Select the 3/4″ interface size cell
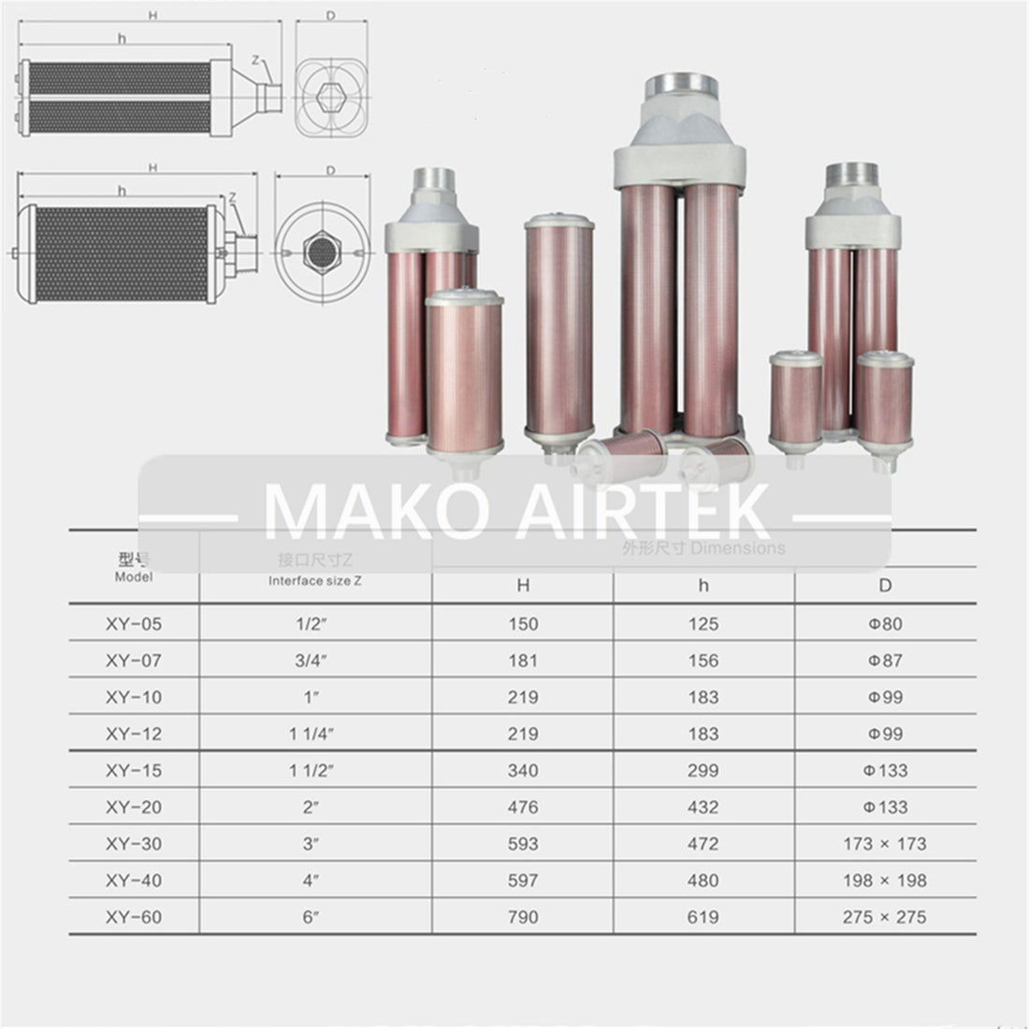click(x=315, y=660)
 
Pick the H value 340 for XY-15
click(x=523, y=771)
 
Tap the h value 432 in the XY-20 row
click(x=703, y=807)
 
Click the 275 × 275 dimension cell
click(x=884, y=918)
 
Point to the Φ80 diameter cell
click(x=884, y=624)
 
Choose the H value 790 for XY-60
click(x=523, y=918)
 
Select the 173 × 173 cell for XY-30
click(x=884, y=844)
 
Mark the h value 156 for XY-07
click(x=703, y=660)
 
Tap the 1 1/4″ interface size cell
click(x=315, y=734)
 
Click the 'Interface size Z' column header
click(x=314, y=580)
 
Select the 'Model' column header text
click(x=133, y=577)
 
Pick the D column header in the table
click(x=885, y=587)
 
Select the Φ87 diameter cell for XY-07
click(x=884, y=660)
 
